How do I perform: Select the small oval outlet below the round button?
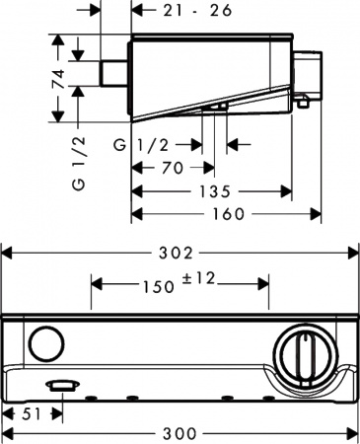pyautogui.click(x=61, y=384)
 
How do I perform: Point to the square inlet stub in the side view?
pyautogui.click(x=117, y=73)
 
